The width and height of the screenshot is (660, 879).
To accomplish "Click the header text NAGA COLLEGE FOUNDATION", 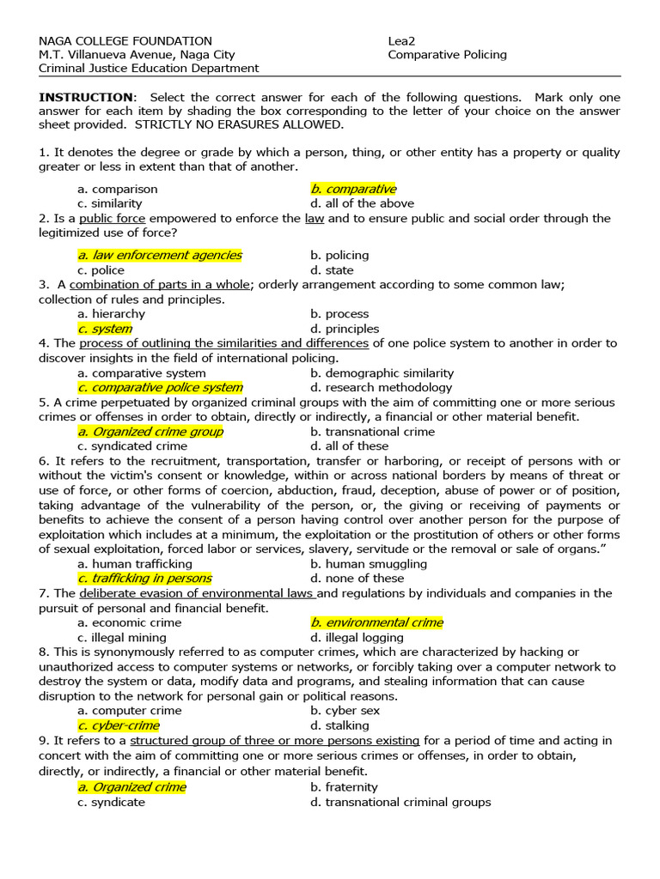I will pos(125,40).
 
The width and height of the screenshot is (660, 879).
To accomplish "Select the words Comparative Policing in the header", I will pos(447,54).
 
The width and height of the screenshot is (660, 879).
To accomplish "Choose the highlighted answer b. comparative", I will pos(353,189).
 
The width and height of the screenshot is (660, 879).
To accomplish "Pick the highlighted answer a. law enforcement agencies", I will pos(160,255).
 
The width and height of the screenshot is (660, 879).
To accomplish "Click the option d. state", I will pos(332,270).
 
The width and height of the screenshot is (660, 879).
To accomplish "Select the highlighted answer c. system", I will pos(105,329).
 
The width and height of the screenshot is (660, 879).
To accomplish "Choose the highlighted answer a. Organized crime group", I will pos(150,432).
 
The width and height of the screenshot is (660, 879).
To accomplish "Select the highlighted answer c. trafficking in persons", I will pos(144,579).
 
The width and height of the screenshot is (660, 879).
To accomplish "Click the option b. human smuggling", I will pos(369,564).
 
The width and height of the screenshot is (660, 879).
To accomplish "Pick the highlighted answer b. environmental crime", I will pos(376,622).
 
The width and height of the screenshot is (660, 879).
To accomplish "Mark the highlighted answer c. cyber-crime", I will pos(119,725).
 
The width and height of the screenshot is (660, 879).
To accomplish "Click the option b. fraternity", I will pos(344,787).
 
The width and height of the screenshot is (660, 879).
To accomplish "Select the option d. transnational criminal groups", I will pos(400,802).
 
